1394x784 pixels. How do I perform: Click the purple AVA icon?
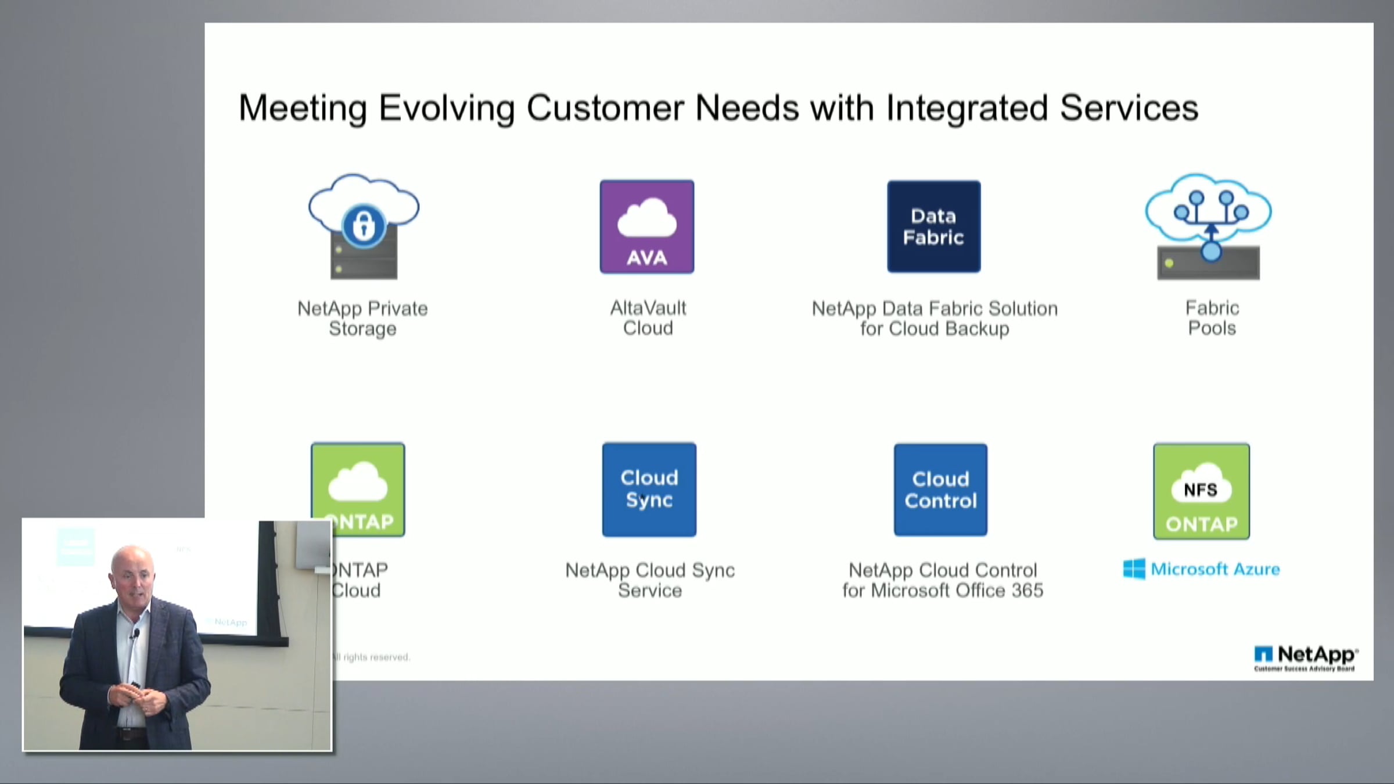point(647,226)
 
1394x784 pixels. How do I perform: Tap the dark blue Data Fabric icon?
point(933,226)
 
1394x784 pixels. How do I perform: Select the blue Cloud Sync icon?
point(649,489)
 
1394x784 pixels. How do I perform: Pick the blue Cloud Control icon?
point(940,490)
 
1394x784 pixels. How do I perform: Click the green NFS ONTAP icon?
point(1201,491)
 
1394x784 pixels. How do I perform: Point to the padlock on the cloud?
point(364,225)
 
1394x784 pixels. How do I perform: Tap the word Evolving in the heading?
point(446,108)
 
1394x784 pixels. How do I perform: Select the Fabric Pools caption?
point(1212,318)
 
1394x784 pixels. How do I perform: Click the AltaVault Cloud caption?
point(648,318)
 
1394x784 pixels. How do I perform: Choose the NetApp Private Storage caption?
point(362,318)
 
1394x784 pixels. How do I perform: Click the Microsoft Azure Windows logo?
point(1134,569)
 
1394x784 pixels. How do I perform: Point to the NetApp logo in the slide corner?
point(1305,656)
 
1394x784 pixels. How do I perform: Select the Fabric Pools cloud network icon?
point(1208,226)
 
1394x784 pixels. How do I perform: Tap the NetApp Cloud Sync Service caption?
point(650,580)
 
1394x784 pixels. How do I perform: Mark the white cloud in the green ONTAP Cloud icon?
point(358,482)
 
